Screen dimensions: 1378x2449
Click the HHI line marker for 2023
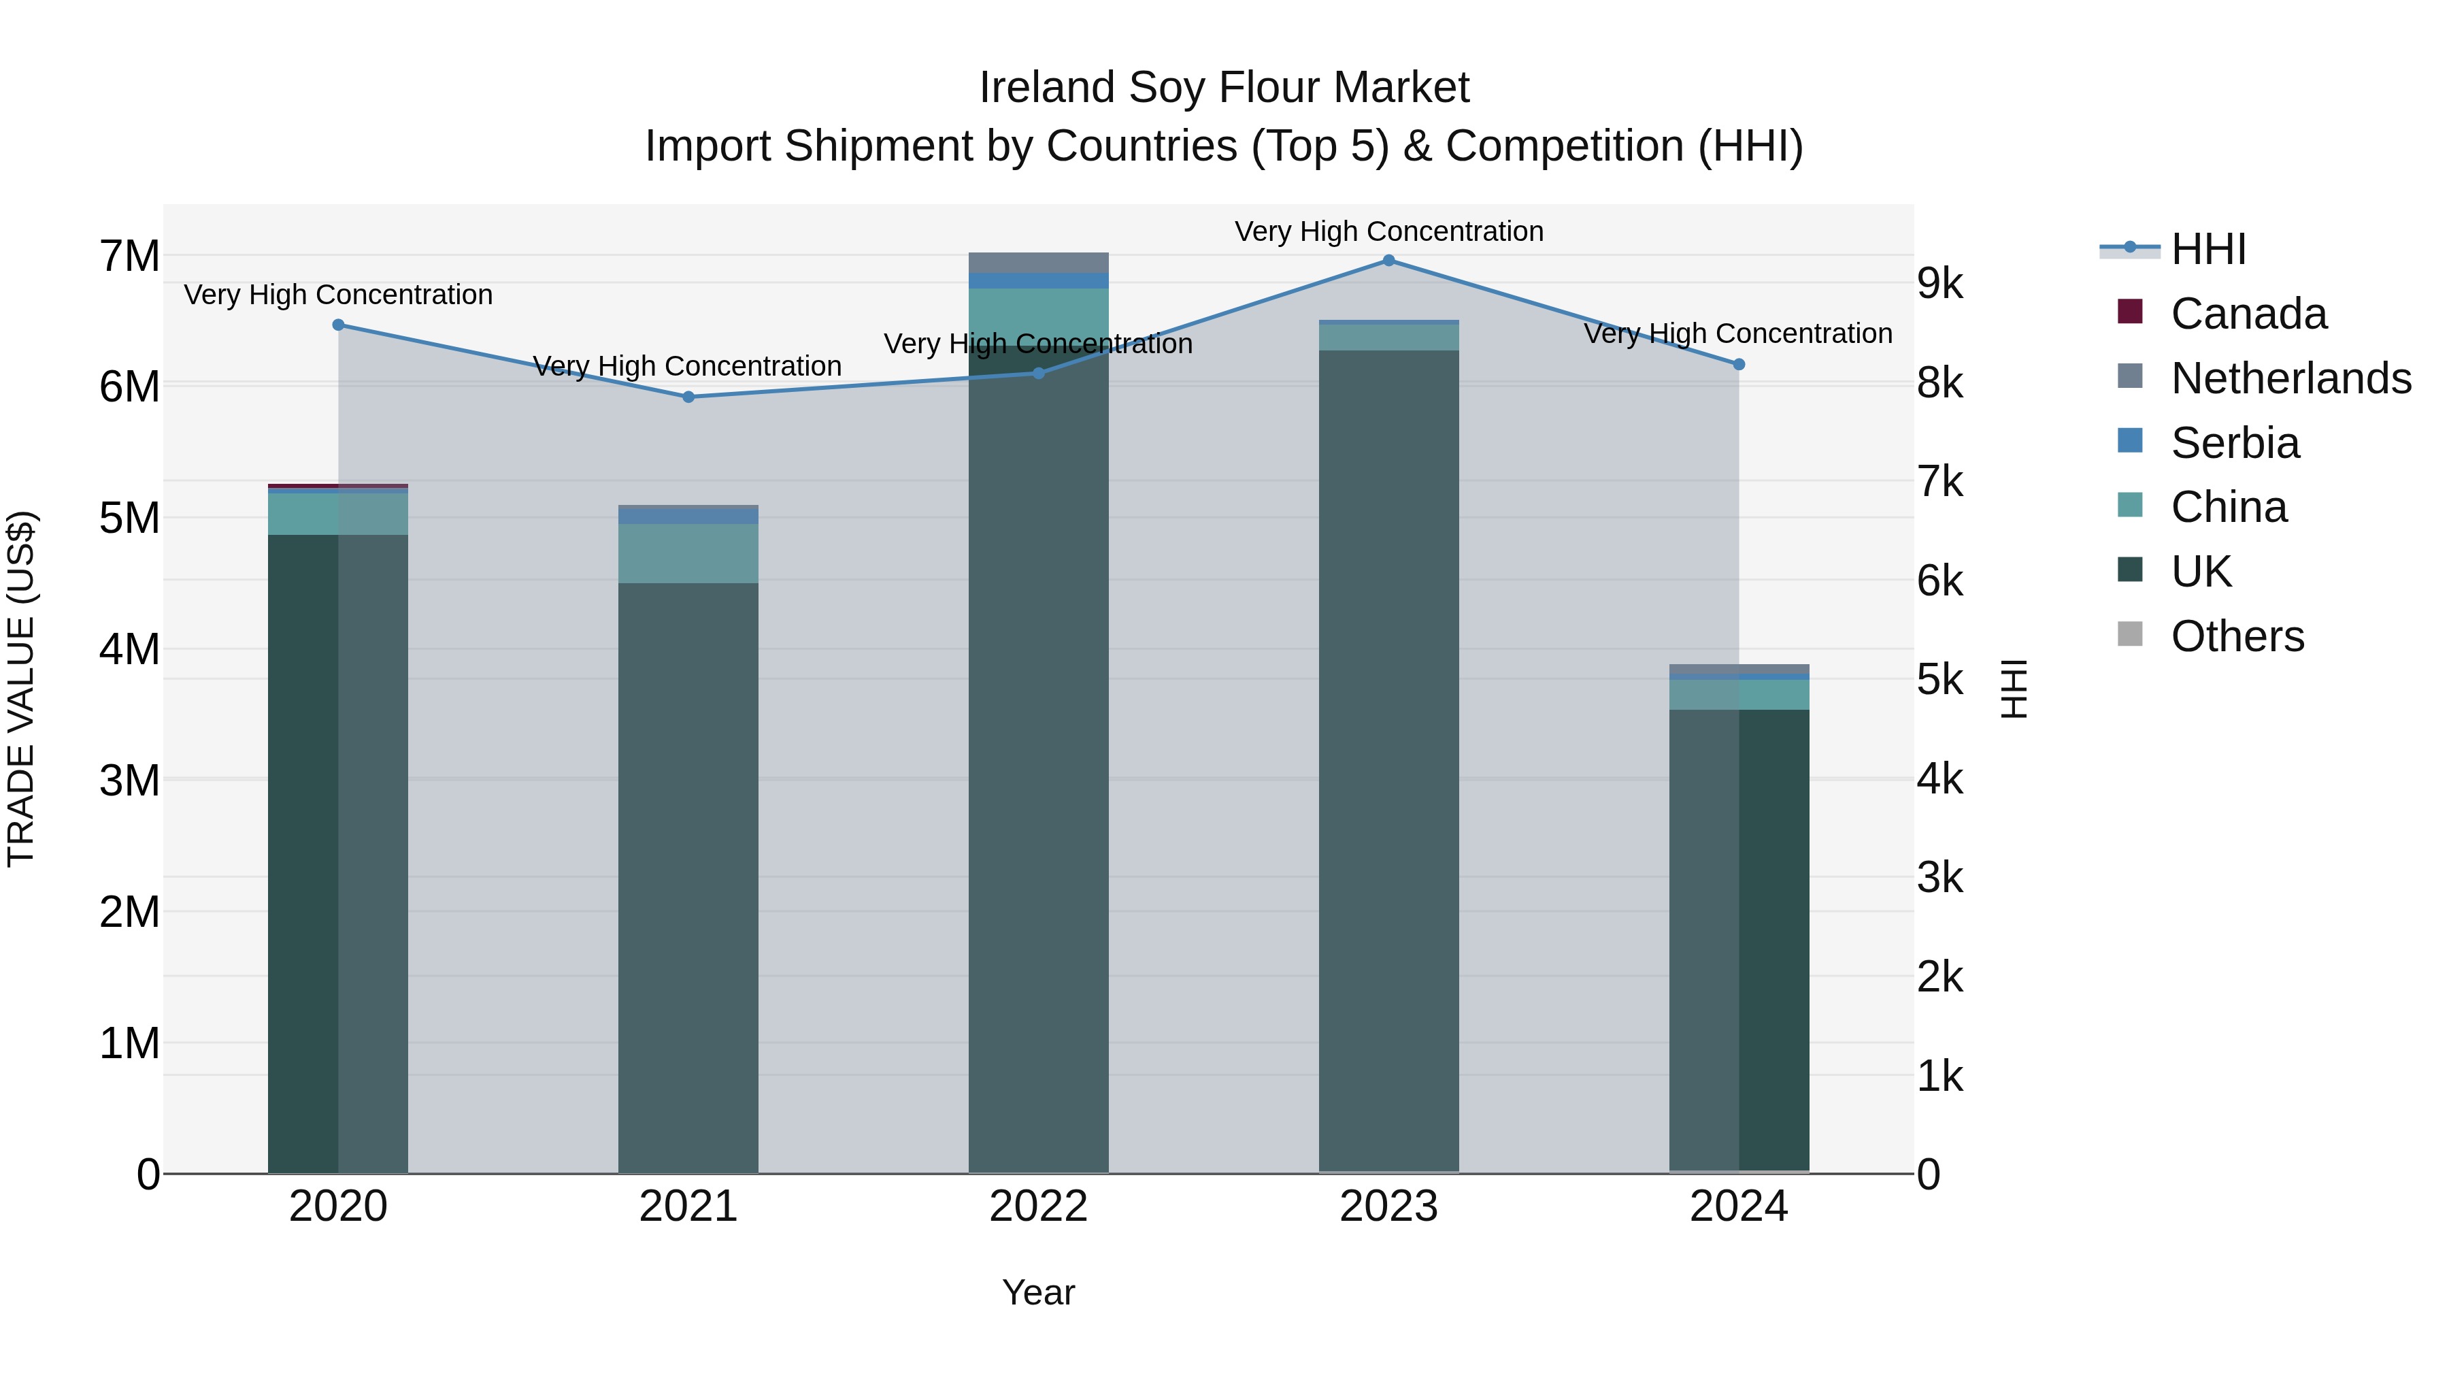(1388, 261)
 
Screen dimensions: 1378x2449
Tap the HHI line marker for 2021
(688, 397)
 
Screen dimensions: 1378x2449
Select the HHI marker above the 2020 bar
(339, 325)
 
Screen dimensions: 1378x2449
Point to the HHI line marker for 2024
(1739, 364)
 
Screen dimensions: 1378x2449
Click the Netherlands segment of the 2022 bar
(1038, 263)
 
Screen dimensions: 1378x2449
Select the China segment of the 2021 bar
(688, 553)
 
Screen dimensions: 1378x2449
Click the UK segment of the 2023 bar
(1388, 761)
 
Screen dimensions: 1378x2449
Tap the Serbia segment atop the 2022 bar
(1038, 280)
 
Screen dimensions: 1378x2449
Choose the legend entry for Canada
(2248, 314)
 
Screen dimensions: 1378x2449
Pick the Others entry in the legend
(2237, 636)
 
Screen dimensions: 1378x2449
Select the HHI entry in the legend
(2208, 249)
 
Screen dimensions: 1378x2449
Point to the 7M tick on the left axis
(129, 257)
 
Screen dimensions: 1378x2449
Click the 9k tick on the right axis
(1939, 283)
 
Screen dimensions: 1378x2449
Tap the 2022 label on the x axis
(1038, 1207)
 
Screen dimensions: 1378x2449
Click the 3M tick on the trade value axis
(129, 781)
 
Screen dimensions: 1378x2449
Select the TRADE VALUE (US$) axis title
(21, 689)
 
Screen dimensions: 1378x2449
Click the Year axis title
(1038, 1292)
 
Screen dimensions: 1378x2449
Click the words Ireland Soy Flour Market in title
(1224, 88)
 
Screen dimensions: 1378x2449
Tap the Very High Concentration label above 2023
(1388, 231)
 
